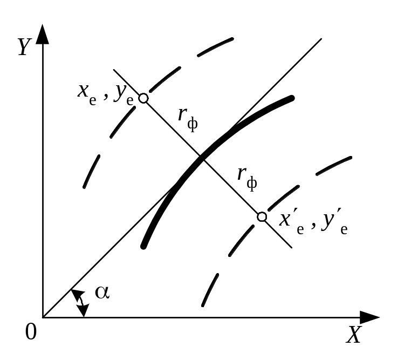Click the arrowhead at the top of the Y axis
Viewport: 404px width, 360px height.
43,33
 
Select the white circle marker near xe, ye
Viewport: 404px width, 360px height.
143,98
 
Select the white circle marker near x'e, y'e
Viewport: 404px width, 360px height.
262,216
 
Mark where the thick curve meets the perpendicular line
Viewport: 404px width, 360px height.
202,157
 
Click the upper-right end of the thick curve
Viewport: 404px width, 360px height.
292,98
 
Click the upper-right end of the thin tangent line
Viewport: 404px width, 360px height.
321,39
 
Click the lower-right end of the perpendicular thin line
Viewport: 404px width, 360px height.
292,247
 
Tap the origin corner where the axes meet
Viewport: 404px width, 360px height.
43,317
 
